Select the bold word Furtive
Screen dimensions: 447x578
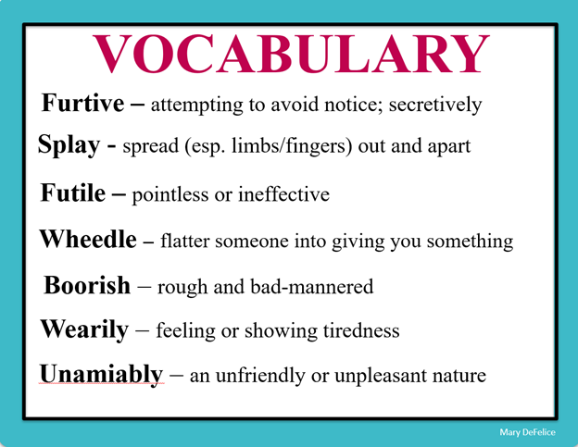click(x=82, y=104)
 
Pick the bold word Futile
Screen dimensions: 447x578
click(x=75, y=194)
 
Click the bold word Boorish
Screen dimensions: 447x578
click(x=87, y=286)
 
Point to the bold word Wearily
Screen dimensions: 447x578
click(x=83, y=330)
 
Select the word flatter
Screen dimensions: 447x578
click(x=188, y=242)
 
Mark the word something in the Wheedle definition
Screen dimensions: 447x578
click(x=468, y=243)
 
